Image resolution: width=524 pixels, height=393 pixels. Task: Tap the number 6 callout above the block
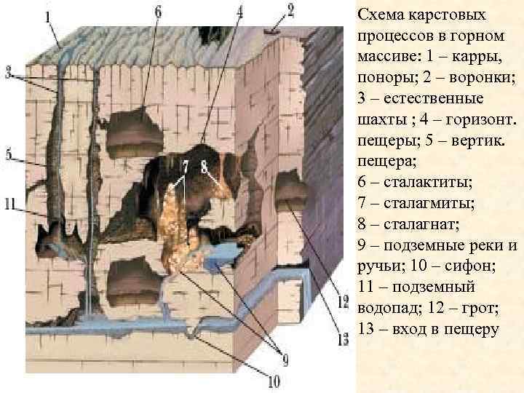[x=159, y=12]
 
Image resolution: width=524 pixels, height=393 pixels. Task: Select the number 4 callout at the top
[x=240, y=12]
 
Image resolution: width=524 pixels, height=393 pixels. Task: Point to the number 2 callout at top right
[x=290, y=10]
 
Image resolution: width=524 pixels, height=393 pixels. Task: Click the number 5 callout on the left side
[x=9, y=154]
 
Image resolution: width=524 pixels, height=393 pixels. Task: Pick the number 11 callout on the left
[x=9, y=205]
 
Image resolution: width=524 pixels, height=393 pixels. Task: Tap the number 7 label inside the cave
[x=186, y=167]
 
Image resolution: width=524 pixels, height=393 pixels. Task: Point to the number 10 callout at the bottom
[x=274, y=379]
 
